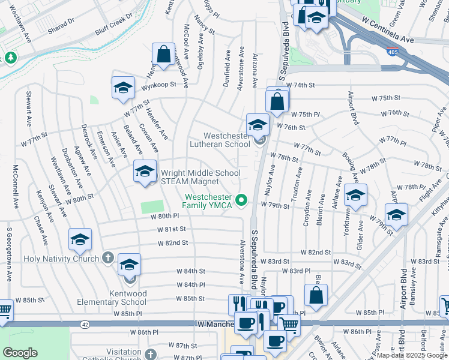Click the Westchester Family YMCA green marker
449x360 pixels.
pyautogui.click(x=242, y=200)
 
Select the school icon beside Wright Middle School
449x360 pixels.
pyautogui.click(x=144, y=172)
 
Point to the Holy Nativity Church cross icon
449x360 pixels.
pyautogui.click(x=107, y=258)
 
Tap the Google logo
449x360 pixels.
pyautogui.click(x=20, y=352)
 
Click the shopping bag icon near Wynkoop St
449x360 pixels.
pyautogui.click(x=163, y=55)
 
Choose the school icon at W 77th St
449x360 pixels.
pyautogui.click(x=123, y=88)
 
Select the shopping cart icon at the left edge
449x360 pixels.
pyautogui.click(x=4, y=311)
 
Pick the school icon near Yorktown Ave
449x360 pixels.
pyautogui.click(x=355, y=196)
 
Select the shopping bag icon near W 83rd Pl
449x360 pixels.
pyautogui.click(x=315, y=295)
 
